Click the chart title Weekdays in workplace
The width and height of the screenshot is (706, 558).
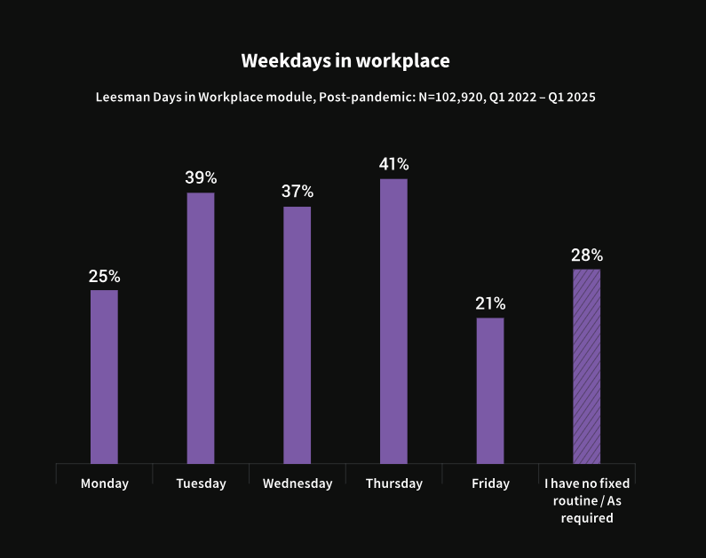345,61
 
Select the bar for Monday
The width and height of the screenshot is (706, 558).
104,376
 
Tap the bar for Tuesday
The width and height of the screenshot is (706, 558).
201,327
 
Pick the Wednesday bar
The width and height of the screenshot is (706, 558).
297,334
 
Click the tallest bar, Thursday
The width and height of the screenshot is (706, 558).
393,320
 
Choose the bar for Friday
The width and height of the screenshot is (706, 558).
490,390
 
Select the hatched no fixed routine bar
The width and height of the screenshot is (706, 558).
586,365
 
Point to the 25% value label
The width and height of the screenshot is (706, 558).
104,276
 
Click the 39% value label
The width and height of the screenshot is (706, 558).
201,177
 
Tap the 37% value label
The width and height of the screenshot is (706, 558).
297,192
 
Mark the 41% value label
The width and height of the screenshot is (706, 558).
393,164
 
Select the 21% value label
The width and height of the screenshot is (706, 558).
490,303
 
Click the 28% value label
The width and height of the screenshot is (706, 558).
586,255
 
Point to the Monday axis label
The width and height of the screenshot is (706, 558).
104,483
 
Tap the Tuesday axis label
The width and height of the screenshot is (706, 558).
201,483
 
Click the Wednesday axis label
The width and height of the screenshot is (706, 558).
297,483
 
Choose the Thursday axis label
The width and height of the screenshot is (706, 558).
393,483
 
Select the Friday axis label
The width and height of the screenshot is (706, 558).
490,483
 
